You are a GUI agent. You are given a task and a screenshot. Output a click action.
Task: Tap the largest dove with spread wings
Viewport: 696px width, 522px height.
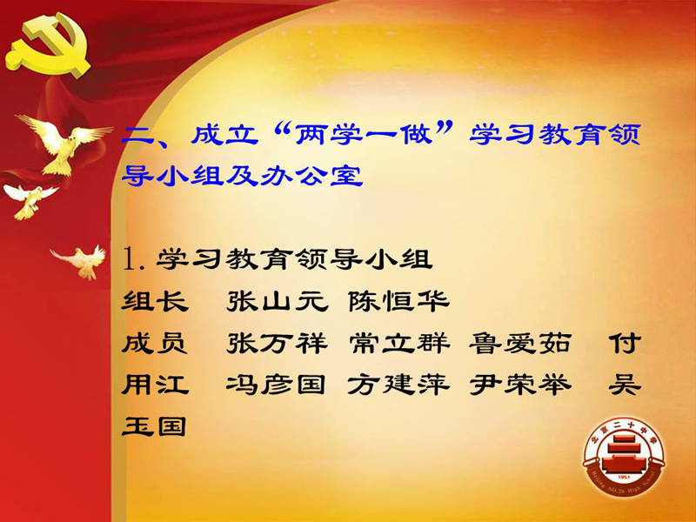pos(62,143)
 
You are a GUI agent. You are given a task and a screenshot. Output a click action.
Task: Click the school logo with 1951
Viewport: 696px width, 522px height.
pos(624,458)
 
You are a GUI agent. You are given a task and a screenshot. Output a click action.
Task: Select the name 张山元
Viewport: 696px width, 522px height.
pos(278,302)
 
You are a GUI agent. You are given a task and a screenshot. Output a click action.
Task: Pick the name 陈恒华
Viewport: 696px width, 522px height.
pos(398,302)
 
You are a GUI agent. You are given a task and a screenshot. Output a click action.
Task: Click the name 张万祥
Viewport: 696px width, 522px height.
pos(278,344)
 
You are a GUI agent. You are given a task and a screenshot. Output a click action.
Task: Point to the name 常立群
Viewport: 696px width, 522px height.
pos(399,344)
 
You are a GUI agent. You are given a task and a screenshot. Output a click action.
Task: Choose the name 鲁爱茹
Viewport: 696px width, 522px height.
pos(520,344)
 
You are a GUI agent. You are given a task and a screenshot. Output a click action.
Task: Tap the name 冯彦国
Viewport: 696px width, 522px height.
pos(276,385)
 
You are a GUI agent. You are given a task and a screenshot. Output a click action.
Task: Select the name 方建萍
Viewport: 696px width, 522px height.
pos(398,385)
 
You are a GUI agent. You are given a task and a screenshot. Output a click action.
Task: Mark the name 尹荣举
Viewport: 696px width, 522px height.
pos(520,385)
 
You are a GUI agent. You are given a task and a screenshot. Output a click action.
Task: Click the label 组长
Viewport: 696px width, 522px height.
pos(155,302)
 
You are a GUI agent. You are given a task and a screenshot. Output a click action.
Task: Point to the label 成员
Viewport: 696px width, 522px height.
pos(155,344)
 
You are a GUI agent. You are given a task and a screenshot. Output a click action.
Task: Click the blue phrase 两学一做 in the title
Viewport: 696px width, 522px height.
pos(364,134)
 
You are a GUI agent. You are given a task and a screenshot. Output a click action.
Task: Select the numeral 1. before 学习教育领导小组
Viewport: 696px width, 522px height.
pos(135,259)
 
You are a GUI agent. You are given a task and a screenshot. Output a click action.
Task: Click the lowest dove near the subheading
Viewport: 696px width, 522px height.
pos(80,262)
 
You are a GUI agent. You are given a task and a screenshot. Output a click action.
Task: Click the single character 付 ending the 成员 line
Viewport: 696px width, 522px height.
pos(625,344)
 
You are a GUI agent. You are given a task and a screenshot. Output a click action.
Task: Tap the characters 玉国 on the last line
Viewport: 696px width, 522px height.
pos(154,426)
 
